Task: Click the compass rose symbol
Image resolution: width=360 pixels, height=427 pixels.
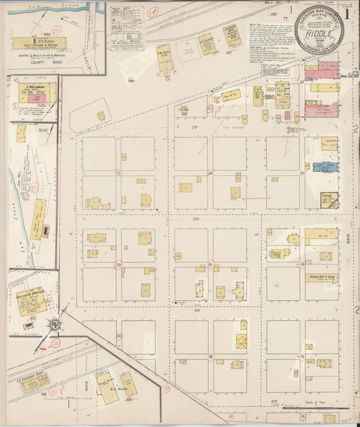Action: click(x=52, y=325)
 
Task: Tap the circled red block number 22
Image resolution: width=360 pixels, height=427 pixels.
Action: click(x=119, y=172)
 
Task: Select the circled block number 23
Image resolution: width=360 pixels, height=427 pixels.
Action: click(x=119, y=264)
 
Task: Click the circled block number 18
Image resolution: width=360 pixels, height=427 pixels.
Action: click(x=210, y=356)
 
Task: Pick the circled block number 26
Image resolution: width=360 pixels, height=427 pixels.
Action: click(x=119, y=336)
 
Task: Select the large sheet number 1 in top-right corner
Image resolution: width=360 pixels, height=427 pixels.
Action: click(x=346, y=12)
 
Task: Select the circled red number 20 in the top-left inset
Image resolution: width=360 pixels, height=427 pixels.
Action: click(x=56, y=30)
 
